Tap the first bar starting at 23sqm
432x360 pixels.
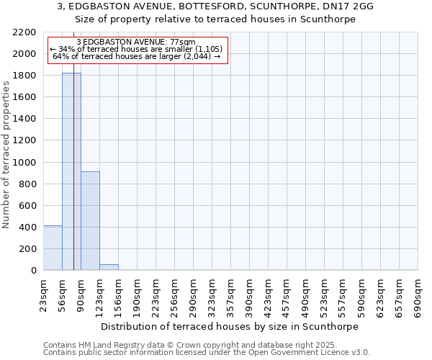(53, 248)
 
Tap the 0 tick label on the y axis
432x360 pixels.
(34, 271)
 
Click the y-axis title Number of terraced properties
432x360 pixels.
(6, 155)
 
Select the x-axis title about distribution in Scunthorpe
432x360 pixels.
(230, 326)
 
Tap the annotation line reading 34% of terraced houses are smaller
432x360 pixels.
(137, 49)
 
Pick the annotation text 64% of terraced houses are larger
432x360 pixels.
(137, 56)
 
